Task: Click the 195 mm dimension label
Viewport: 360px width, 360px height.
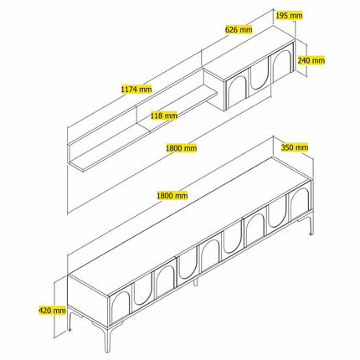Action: coord(289,15)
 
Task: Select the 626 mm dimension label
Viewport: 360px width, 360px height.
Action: coord(239,29)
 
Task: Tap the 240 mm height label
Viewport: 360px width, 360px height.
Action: coord(311,60)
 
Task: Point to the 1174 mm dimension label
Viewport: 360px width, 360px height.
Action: coord(136,89)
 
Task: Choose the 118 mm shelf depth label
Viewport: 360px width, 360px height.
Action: coord(164,116)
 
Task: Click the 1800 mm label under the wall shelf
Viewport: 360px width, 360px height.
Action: coord(181,148)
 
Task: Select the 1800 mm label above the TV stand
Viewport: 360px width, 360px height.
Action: coord(172,196)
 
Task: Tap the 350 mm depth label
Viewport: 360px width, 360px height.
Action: coord(295,147)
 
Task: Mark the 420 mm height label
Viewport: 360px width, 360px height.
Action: coord(52,310)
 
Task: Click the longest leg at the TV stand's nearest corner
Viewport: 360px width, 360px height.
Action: coord(107,337)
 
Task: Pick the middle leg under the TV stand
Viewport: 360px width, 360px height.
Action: coord(195,282)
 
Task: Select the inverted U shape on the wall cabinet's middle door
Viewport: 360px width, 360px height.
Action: coord(260,77)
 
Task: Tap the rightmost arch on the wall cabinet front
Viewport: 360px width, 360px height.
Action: coord(282,64)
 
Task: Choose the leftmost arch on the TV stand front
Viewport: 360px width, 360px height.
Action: coord(120,307)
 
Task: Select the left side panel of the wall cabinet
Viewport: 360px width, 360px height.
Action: coord(214,90)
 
